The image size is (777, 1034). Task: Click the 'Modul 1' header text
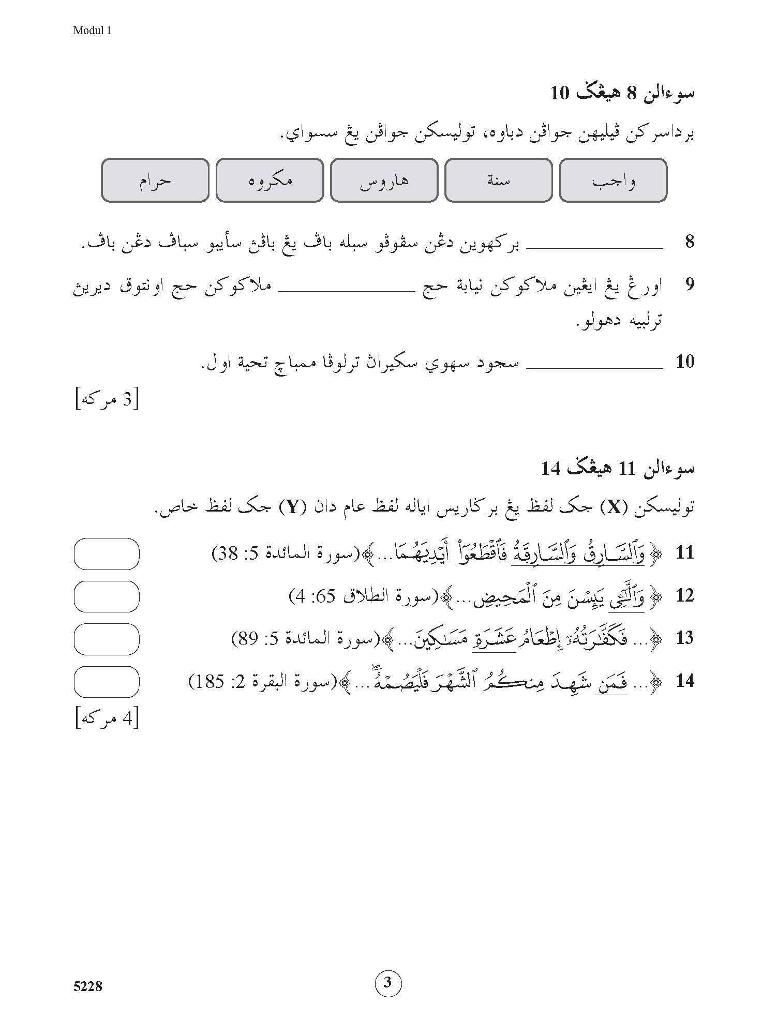click(92, 31)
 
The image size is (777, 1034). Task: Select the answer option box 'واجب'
click(613, 180)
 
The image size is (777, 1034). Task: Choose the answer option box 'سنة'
click(498, 180)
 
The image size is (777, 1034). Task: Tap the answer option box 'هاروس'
click(384, 180)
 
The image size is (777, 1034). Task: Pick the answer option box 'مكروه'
click(270, 180)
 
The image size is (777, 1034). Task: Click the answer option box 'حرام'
click(155, 180)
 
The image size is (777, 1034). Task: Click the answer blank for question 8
click(594, 247)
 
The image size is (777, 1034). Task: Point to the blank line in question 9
click(346, 290)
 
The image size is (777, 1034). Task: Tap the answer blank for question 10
click(594, 366)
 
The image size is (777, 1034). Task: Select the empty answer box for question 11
click(107, 553)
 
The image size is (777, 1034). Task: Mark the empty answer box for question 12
click(107, 596)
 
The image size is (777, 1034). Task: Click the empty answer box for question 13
click(107, 639)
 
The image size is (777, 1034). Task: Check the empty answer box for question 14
click(107, 682)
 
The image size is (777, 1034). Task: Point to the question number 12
click(684, 596)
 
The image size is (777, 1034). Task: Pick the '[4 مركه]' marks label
click(107, 719)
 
